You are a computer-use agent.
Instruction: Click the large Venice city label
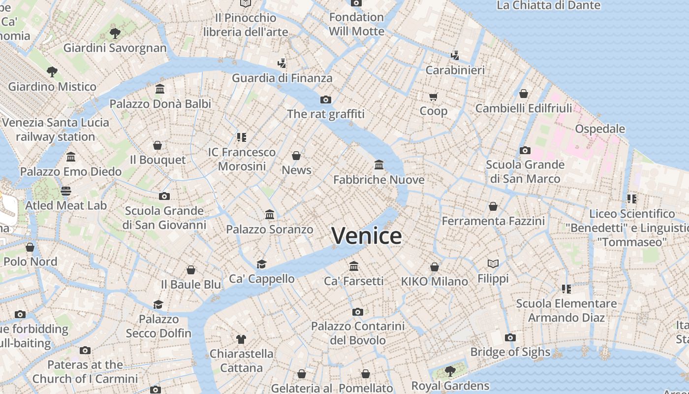(366, 236)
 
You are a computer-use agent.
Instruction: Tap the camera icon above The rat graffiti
(325, 99)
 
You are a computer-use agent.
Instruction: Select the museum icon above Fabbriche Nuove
(379, 164)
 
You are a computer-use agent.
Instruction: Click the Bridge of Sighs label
(510, 352)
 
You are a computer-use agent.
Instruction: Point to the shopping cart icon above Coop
(433, 97)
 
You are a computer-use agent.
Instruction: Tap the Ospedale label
(600, 129)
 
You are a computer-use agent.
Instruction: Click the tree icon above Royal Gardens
(450, 371)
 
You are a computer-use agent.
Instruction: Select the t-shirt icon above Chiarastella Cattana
(241, 339)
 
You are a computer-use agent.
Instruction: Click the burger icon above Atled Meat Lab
(66, 191)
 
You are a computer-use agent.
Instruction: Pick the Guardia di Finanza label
(282, 78)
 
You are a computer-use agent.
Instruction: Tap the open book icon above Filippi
(493, 263)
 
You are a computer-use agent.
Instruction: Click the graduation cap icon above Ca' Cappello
(261, 264)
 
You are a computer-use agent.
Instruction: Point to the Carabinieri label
(455, 70)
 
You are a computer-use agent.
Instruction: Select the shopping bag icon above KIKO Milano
(434, 267)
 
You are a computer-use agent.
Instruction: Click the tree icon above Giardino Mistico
(52, 72)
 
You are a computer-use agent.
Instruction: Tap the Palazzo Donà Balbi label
(160, 104)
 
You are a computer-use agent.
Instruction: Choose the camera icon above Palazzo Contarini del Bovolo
(358, 312)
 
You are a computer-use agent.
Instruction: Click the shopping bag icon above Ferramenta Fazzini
(493, 206)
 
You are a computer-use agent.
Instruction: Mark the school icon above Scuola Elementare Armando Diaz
(566, 289)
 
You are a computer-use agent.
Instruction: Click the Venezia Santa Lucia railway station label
(55, 130)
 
